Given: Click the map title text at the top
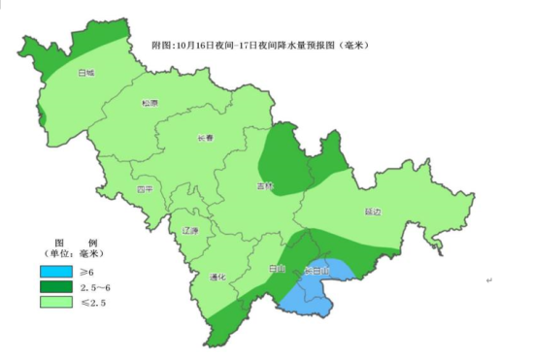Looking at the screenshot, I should tap(261, 46).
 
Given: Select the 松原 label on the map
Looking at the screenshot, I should tap(149, 103).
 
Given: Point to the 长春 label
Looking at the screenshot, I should tap(204, 136).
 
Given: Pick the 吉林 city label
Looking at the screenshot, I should tap(265, 185).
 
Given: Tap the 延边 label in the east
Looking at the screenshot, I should tap(373, 211).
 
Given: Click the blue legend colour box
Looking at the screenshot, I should tap(57, 272).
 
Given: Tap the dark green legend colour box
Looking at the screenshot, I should tap(57, 287).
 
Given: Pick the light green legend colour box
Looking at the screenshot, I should tap(57, 303).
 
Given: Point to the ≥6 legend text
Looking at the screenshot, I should tap(87, 272).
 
